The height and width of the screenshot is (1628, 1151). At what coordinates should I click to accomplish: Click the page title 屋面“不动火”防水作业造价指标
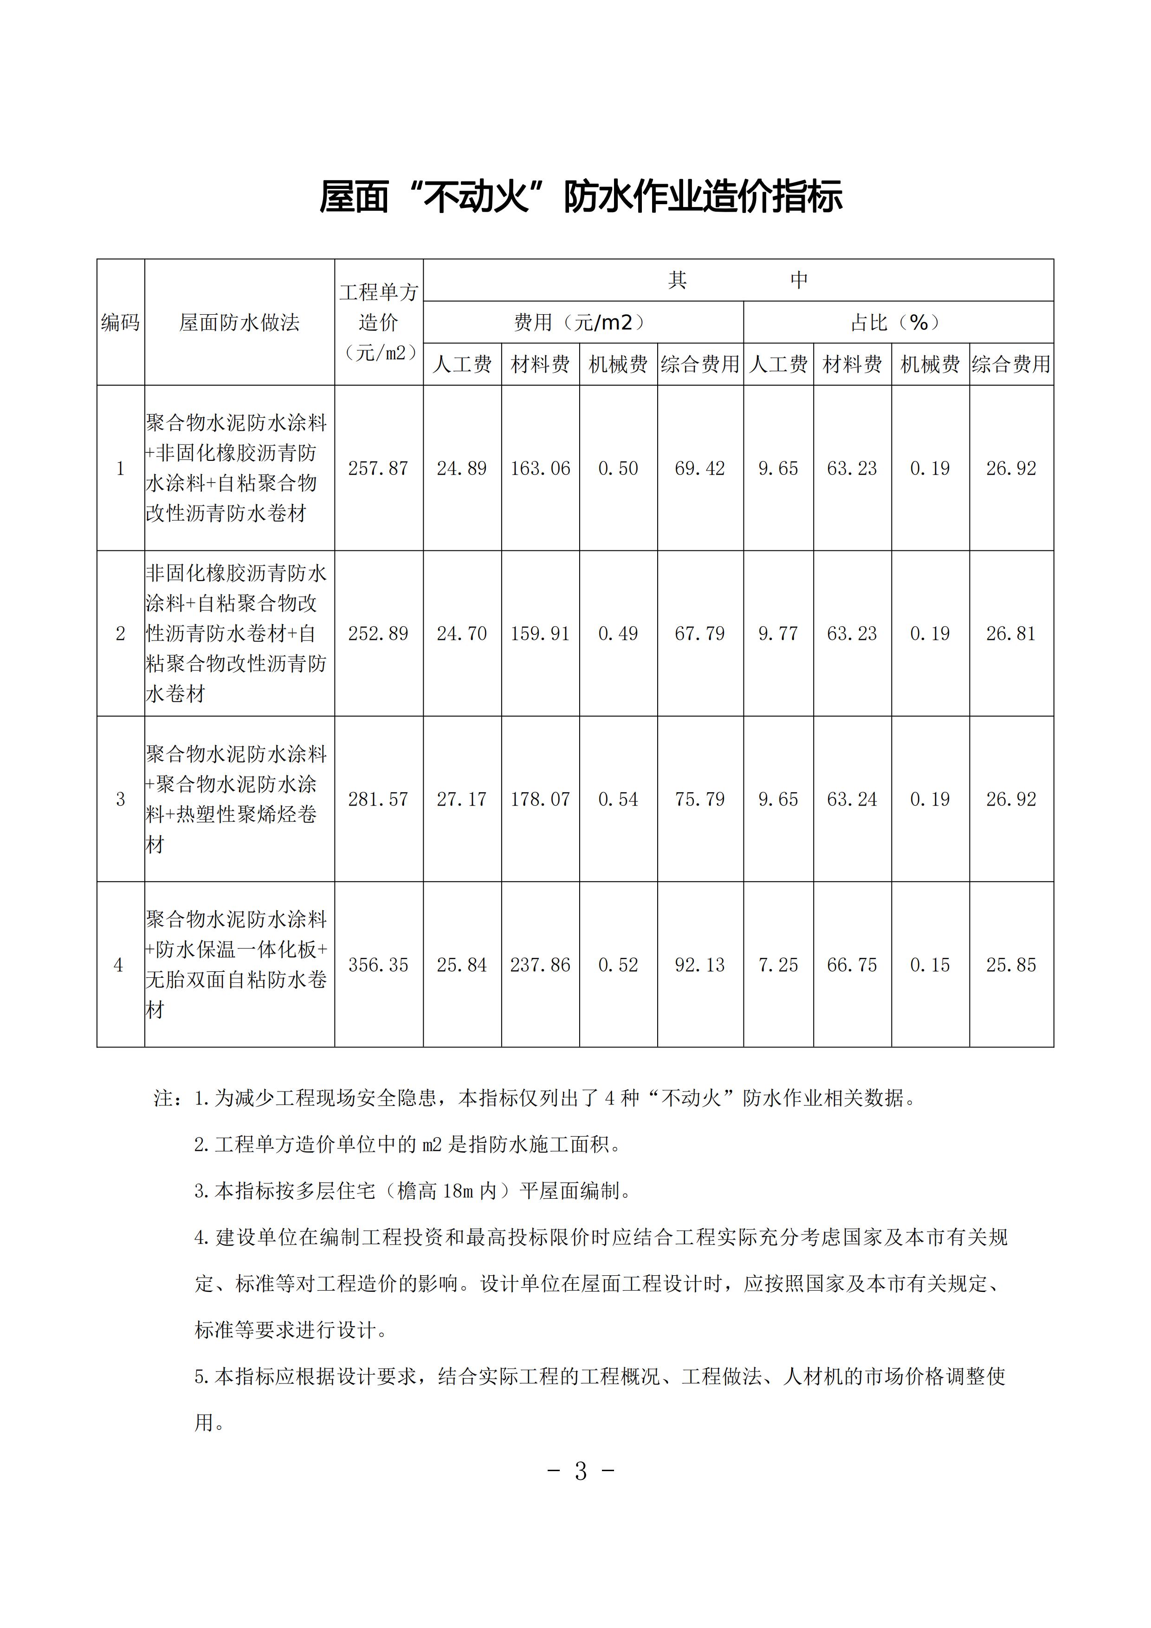click(581, 196)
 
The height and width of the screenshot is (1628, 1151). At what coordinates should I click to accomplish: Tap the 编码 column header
click(120, 323)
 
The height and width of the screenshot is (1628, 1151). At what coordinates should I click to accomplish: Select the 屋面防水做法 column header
click(239, 323)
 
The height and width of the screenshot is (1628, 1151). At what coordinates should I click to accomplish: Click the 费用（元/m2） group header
click(582, 323)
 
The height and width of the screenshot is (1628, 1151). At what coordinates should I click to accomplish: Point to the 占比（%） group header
click(898, 323)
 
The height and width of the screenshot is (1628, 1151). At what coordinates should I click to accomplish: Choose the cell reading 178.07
click(540, 800)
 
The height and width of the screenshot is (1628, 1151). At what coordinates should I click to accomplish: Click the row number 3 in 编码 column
click(120, 800)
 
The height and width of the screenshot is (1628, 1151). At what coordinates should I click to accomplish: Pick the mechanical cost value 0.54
click(618, 800)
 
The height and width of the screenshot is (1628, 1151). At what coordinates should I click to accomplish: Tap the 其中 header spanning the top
click(737, 280)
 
